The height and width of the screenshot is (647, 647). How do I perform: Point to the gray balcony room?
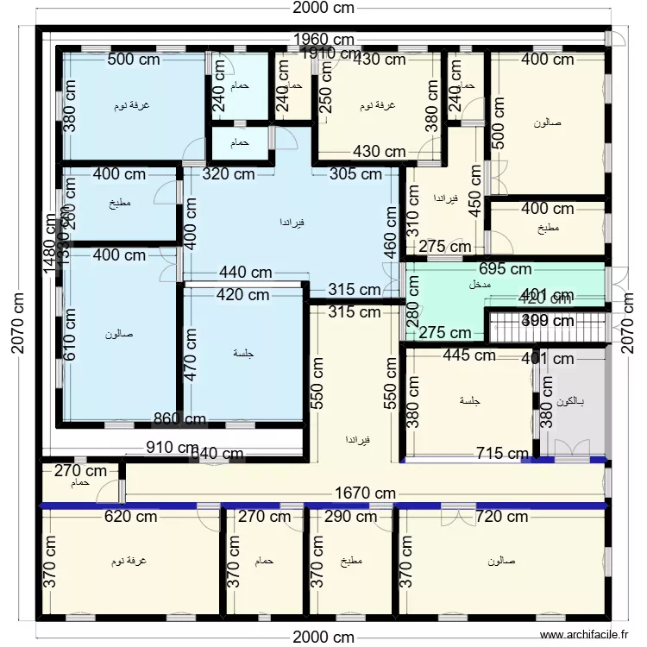[x=572, y=405]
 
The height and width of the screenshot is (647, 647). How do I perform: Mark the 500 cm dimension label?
[x=132, y=60]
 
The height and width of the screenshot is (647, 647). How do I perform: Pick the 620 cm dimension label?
[x=130, y=517]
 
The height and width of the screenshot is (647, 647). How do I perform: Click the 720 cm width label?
[x=502, y=517]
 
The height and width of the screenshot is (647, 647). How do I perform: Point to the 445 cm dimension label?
[x=468, y=355]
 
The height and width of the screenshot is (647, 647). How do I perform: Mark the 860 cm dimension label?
[x=179, y=420]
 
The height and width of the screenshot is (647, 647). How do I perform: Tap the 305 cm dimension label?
[x=355, y=173]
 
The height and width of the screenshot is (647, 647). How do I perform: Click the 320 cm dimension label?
[x=228, y=173]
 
